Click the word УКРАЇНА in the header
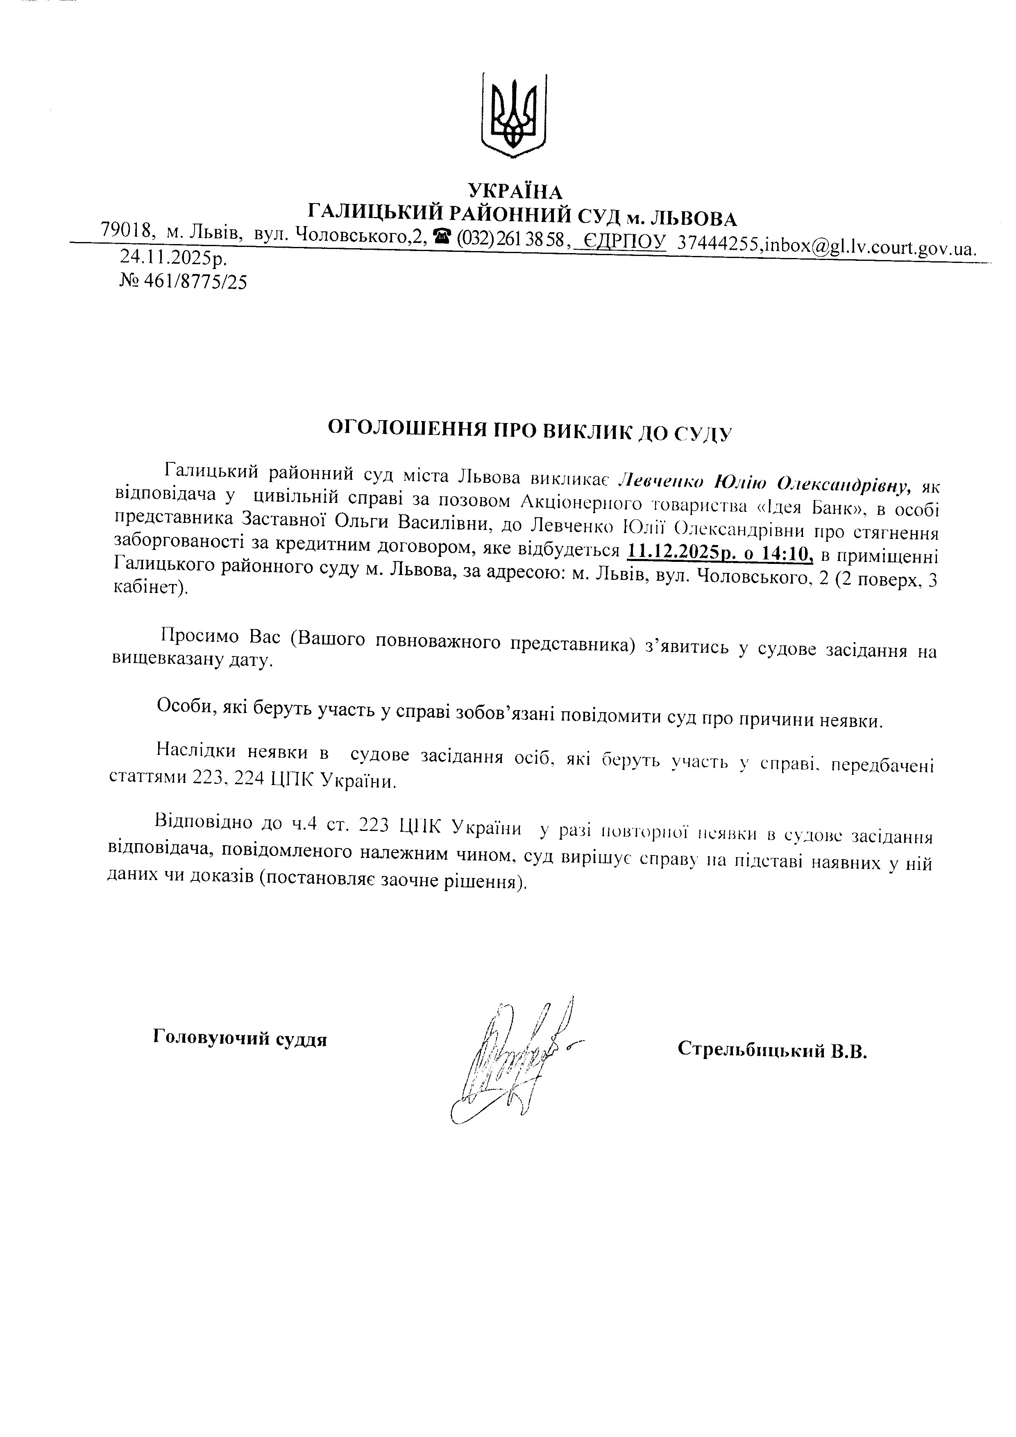(x=515, y=191)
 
